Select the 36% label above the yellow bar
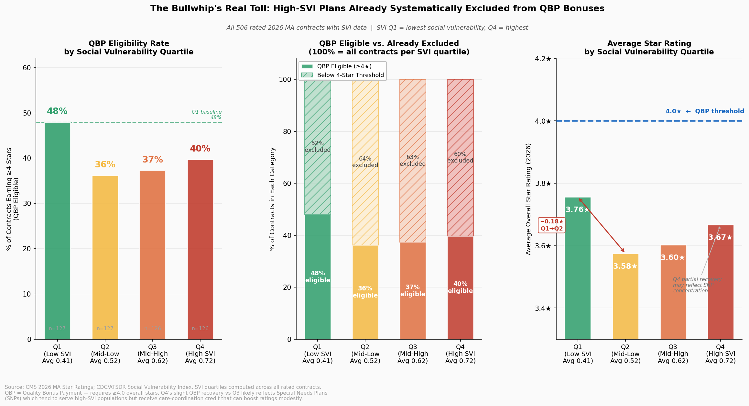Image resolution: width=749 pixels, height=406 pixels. point(105,164)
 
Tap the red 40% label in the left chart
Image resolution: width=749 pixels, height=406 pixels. point(200,149)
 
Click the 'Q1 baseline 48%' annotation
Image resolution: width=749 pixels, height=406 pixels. point(207,115)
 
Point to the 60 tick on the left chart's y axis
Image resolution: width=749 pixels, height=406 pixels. point(27,68)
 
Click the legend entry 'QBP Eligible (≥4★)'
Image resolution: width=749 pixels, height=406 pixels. point(344,66)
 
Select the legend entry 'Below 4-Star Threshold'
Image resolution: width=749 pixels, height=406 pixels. point(350,75)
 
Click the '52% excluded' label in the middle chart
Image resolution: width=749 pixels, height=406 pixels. point(318,147)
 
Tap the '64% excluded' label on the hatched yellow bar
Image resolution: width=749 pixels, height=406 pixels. point(365,162)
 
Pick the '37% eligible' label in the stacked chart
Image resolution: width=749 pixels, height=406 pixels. point(413,291)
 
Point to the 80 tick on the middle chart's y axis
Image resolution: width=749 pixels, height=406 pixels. point(287,131)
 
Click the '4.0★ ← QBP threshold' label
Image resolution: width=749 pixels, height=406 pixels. point(704,111)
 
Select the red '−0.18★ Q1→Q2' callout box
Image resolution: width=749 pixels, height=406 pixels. point(552,225)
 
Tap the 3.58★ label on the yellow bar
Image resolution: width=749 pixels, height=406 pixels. point(625,266)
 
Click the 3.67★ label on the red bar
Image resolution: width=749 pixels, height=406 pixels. point(720,238)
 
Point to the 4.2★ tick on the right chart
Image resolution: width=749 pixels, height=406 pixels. point(543,59)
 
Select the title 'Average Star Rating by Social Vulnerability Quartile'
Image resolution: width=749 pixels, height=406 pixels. point(649,48)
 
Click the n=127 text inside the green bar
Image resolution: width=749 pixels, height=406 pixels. point(57,329)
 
